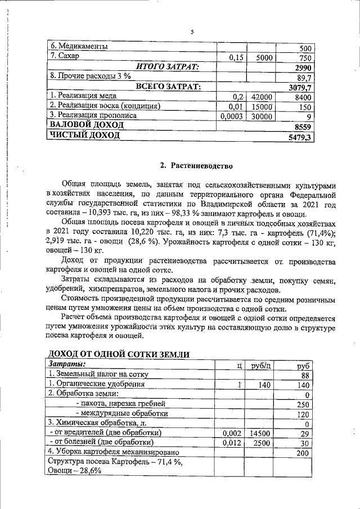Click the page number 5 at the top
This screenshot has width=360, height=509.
click(x=192, y=31)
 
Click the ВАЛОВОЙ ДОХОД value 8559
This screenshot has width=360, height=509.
click(x=304, y=127)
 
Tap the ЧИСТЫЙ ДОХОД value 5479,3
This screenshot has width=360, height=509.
click(x=299, y=137)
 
